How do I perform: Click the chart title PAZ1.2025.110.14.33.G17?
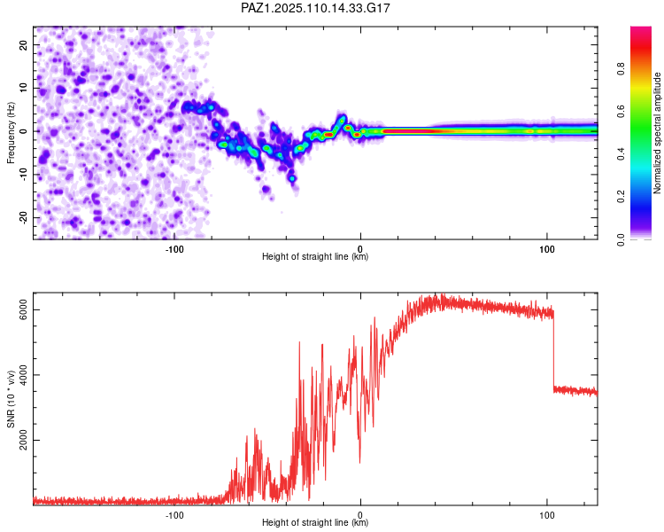point(315,8)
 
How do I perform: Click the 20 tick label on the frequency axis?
point(23,44)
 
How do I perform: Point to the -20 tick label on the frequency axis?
point(23,217)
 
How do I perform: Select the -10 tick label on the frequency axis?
point(23,175)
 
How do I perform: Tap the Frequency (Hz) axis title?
point(11,133)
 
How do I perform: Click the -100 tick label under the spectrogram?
point(174,249)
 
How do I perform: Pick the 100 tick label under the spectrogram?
point(547,249)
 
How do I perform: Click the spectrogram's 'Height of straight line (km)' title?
point(315,256)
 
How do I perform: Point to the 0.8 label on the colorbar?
point(621,68)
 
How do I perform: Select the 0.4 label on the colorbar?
point(621,154)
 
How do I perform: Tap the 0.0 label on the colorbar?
point(621,239)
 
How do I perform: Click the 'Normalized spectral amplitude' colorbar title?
point(657,133)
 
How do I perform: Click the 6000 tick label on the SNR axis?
point(23,309)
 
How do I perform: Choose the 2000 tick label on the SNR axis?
point(23,440)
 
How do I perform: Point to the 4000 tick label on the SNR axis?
point(23,375)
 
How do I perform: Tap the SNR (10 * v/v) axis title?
point(11,399)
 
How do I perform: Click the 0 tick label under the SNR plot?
point(360,515)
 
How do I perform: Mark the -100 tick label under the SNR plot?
point(174,515)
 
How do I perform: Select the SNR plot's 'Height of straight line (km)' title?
point(315,522)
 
